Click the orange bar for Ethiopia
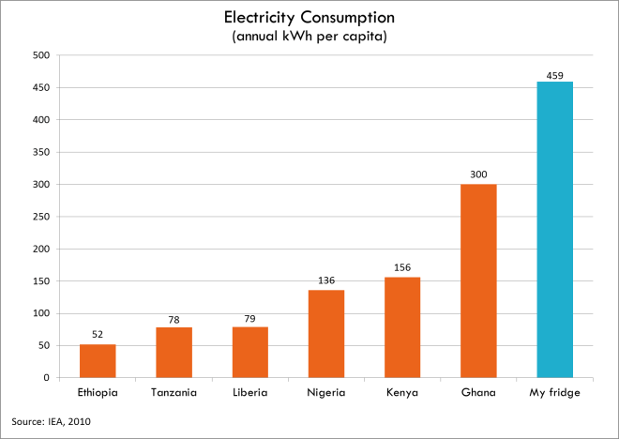[x=98, y=361]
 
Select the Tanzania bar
[x=174, y=353]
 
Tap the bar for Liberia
[x=250, y=353]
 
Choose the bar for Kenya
[x=402, y=327]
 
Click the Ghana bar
[x=478, y=281]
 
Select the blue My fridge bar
[x=554, y=230]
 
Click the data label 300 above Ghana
[x=478, y=175]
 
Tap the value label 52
[x=98, y=335]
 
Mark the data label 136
[x=326, y=280]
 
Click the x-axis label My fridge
[x=554, y=392]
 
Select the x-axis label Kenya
[x=402, y=392]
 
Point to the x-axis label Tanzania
[x=174, y=392]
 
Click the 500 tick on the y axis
[x=40, y=55]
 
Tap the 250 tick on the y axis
[x=40, y=217]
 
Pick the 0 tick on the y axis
[x=46, y=378]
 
